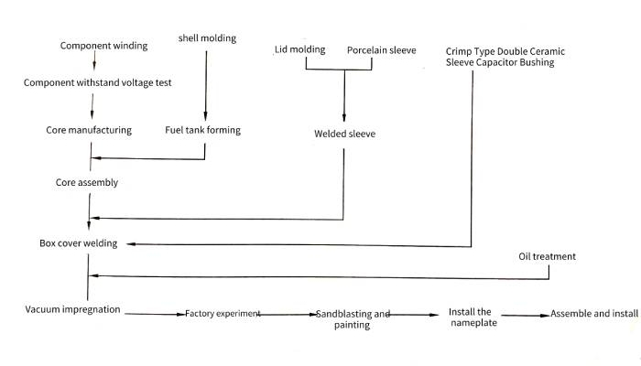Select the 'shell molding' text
(206, 38)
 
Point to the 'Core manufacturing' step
(89, 130)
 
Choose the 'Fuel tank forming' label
(202, 130)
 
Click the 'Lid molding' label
(300, 48)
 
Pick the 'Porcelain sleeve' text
(381, 48)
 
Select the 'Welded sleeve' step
(344, 135)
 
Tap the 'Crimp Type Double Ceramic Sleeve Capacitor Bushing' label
(500, 56)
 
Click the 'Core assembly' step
(87, 183)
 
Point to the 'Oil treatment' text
(547, 256)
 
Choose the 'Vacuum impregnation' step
(72, 309)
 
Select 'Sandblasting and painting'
(353, 319)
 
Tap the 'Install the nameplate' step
(472, 318)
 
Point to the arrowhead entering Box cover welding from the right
(130, 244)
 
